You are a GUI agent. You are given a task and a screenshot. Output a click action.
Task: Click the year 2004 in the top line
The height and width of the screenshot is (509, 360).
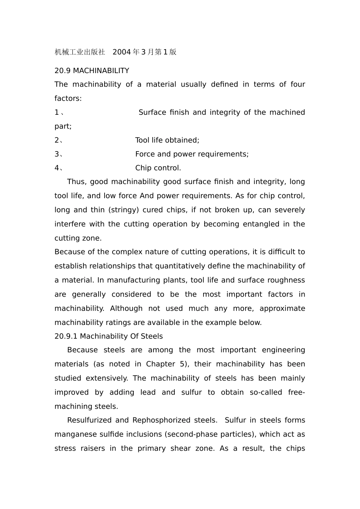click(x=121, y=52)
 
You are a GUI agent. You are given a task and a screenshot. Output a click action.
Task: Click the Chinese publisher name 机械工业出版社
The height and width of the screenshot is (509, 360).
click(x=80, y=52)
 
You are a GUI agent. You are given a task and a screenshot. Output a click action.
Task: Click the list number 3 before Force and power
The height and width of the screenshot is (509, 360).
click(x=56, y=154)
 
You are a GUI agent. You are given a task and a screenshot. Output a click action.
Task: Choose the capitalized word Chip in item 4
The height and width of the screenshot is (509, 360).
click(x=144, y=168)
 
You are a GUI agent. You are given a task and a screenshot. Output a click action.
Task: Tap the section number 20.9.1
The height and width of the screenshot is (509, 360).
click(x=66, y=336)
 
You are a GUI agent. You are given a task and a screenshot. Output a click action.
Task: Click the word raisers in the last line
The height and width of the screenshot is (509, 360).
click(x=93, y=448)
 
